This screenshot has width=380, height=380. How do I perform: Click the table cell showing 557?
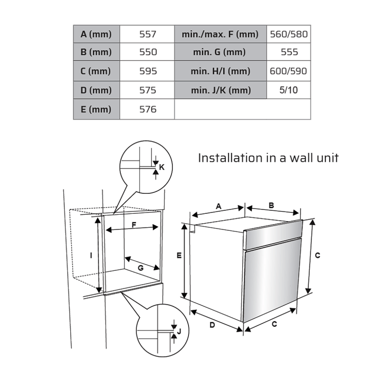pos(147,34)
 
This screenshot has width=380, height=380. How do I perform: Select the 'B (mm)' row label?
pos(96,52)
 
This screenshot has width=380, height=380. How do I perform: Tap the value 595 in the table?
pos(148,71)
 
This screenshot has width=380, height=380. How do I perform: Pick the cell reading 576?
pos(148,109)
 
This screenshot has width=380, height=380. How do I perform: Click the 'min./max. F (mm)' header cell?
pos(220,34)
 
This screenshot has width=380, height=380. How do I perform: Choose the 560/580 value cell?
pos(289,34)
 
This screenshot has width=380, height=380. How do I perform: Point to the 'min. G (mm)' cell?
pos(220,52)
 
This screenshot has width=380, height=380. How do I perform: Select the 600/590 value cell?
pos(289,71)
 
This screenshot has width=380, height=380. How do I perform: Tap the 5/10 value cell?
pos(289,90)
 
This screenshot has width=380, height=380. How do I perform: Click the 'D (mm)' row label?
pos(96,90)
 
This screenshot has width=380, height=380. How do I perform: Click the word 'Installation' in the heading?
pos(230,158)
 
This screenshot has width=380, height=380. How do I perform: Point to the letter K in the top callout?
pos(161,167)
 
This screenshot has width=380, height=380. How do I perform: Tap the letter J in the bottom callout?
pos(179,331)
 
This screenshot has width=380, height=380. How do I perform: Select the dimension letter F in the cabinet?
pos(134,225)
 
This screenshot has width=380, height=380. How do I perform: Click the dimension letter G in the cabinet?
pos(141,268)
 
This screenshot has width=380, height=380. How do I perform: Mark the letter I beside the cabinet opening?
pos(91,255)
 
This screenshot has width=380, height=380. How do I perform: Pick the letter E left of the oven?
pos(179,255)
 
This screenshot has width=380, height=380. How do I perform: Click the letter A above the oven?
pos(218,206)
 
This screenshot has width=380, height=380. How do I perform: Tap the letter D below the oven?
pos(212,325)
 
